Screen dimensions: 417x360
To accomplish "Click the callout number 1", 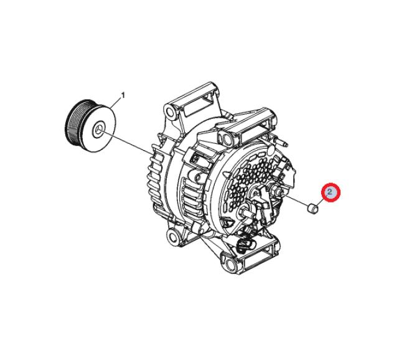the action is (123, 95).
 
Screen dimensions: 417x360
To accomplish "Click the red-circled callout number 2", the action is (330, 192).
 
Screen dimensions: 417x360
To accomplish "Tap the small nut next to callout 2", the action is (312, 208).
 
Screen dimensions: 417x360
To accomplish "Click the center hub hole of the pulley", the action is (98, 130).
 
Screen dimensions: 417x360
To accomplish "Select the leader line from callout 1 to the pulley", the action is (116, 103).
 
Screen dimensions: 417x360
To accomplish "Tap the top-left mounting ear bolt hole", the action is (170, 110).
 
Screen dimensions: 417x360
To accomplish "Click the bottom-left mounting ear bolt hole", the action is (172, 236).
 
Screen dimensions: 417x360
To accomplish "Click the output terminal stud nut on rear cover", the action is (274, 190).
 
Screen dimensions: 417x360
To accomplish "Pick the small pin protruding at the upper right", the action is (282, 141).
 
